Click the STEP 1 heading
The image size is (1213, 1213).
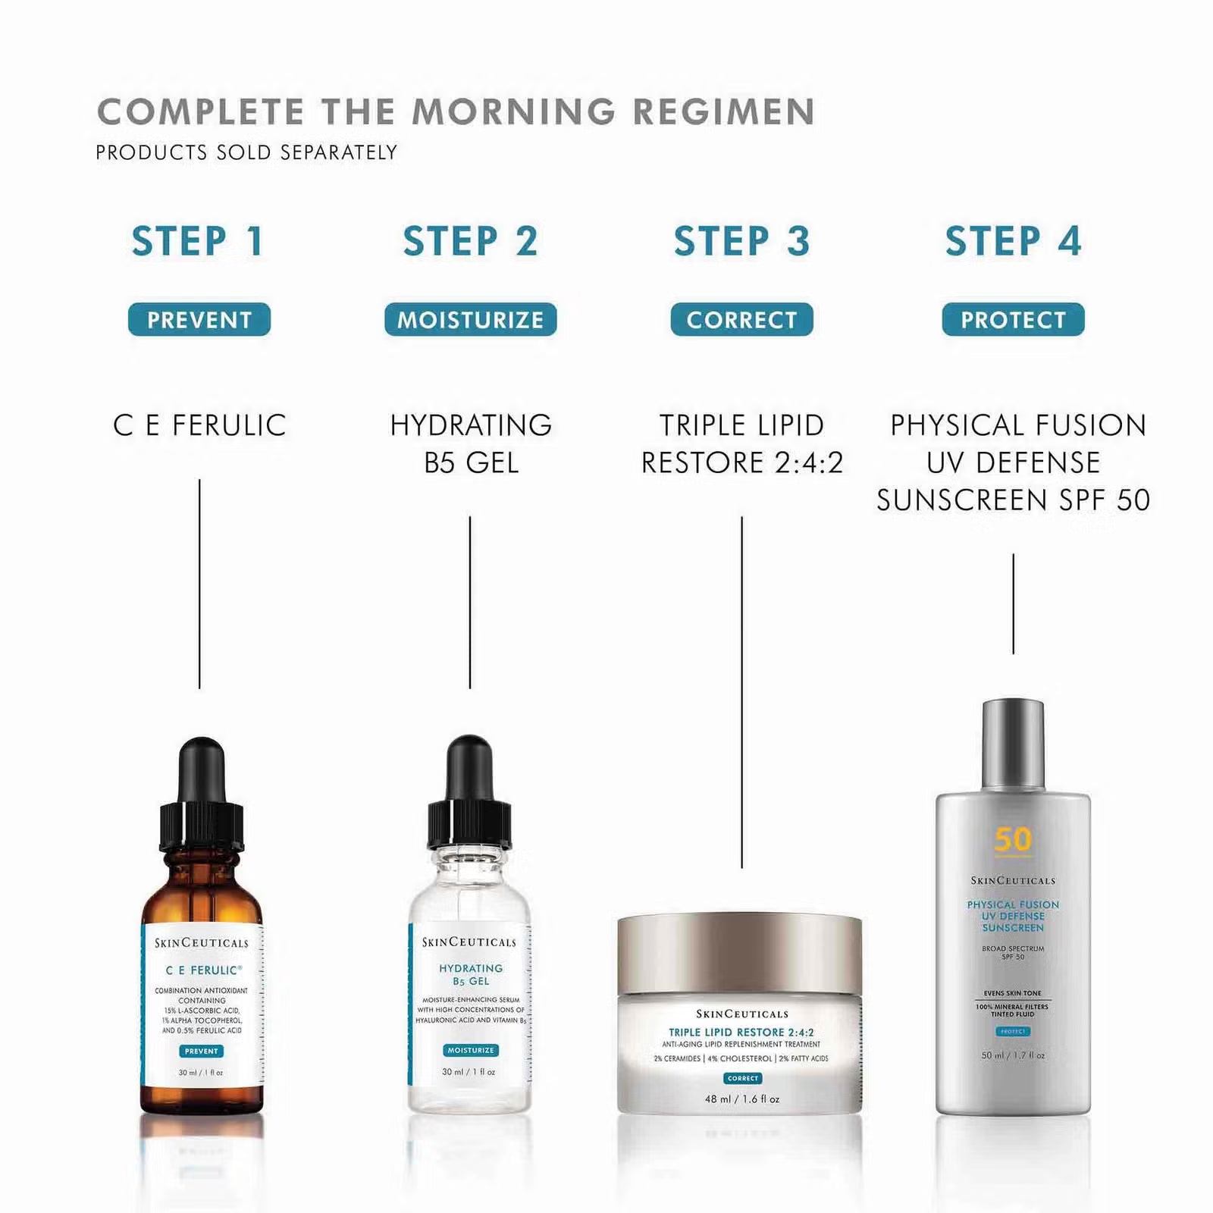pos(198,242)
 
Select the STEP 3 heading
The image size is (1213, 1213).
pos(741,242)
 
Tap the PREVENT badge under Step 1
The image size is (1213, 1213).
pos(199,320)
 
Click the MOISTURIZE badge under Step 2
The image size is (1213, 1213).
pos(470,320)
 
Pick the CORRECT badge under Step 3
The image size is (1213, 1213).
pos(741,320)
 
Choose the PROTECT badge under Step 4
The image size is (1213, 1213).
pos(1013,320)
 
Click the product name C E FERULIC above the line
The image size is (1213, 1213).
pos(199,425)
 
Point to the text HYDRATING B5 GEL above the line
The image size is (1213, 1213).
pos(470,444)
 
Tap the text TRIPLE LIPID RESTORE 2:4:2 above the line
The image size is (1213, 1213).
pos(741,444)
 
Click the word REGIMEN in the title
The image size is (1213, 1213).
pos(723,111)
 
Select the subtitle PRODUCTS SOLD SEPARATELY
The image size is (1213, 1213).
pos(246,152)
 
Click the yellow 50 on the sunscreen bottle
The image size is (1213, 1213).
pos(1013,839)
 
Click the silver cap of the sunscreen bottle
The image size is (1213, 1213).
pos(1013,747)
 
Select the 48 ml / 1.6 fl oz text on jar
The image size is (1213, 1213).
pos(741,1099)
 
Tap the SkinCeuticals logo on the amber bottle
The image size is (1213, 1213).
pos(202,943)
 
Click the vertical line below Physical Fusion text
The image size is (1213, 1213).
pos(1013,603)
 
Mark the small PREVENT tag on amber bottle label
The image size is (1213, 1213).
pos(201,1051)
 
